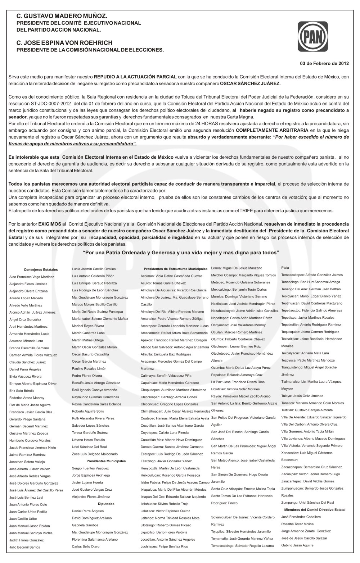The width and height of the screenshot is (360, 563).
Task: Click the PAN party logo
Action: [x=312, y=37]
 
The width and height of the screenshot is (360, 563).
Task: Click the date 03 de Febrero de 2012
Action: [x=324, y=64]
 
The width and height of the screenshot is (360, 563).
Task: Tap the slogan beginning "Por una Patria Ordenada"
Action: [x=181, y=252]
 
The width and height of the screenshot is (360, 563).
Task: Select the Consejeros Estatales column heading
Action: [x=41, y=269]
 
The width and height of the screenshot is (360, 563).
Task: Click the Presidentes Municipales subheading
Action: [x=106, y=461]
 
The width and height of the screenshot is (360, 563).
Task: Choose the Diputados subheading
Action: [x=106, y=504]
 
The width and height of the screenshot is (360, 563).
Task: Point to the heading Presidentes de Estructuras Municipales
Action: [x=175, y=269]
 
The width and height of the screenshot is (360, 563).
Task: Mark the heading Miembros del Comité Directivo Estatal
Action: [x=315, y=509]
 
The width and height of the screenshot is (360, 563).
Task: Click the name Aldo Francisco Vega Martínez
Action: [x=32, y=277]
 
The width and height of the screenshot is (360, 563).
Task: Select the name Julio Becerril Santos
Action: [x=24, y=547]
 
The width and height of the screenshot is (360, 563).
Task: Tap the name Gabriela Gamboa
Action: [x=85, y=525]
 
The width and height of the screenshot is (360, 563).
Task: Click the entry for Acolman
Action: [x=166, y=276]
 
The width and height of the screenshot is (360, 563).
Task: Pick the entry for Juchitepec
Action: [x=164, y=546]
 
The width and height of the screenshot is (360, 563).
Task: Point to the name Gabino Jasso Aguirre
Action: [x=297, y=545]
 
